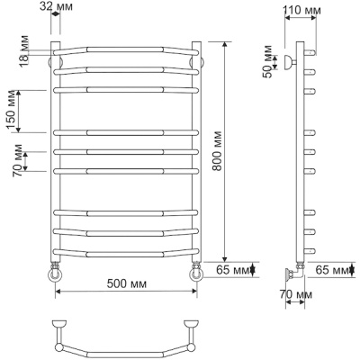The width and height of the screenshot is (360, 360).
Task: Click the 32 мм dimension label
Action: (x=56, y=6)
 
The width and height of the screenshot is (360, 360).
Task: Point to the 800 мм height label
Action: (x=217, y=150)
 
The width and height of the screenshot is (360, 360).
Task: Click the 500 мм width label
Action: (x=127, y=283)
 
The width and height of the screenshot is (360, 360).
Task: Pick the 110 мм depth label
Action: (x=301, y=10)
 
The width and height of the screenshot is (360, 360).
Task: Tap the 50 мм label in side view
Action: (x=267, y=61)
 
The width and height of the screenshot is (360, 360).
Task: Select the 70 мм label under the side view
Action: (x=296, y=294)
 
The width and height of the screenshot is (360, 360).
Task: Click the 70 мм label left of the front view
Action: (x=17, y=160)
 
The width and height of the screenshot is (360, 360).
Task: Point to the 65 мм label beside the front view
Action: (x=233, y=270)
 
